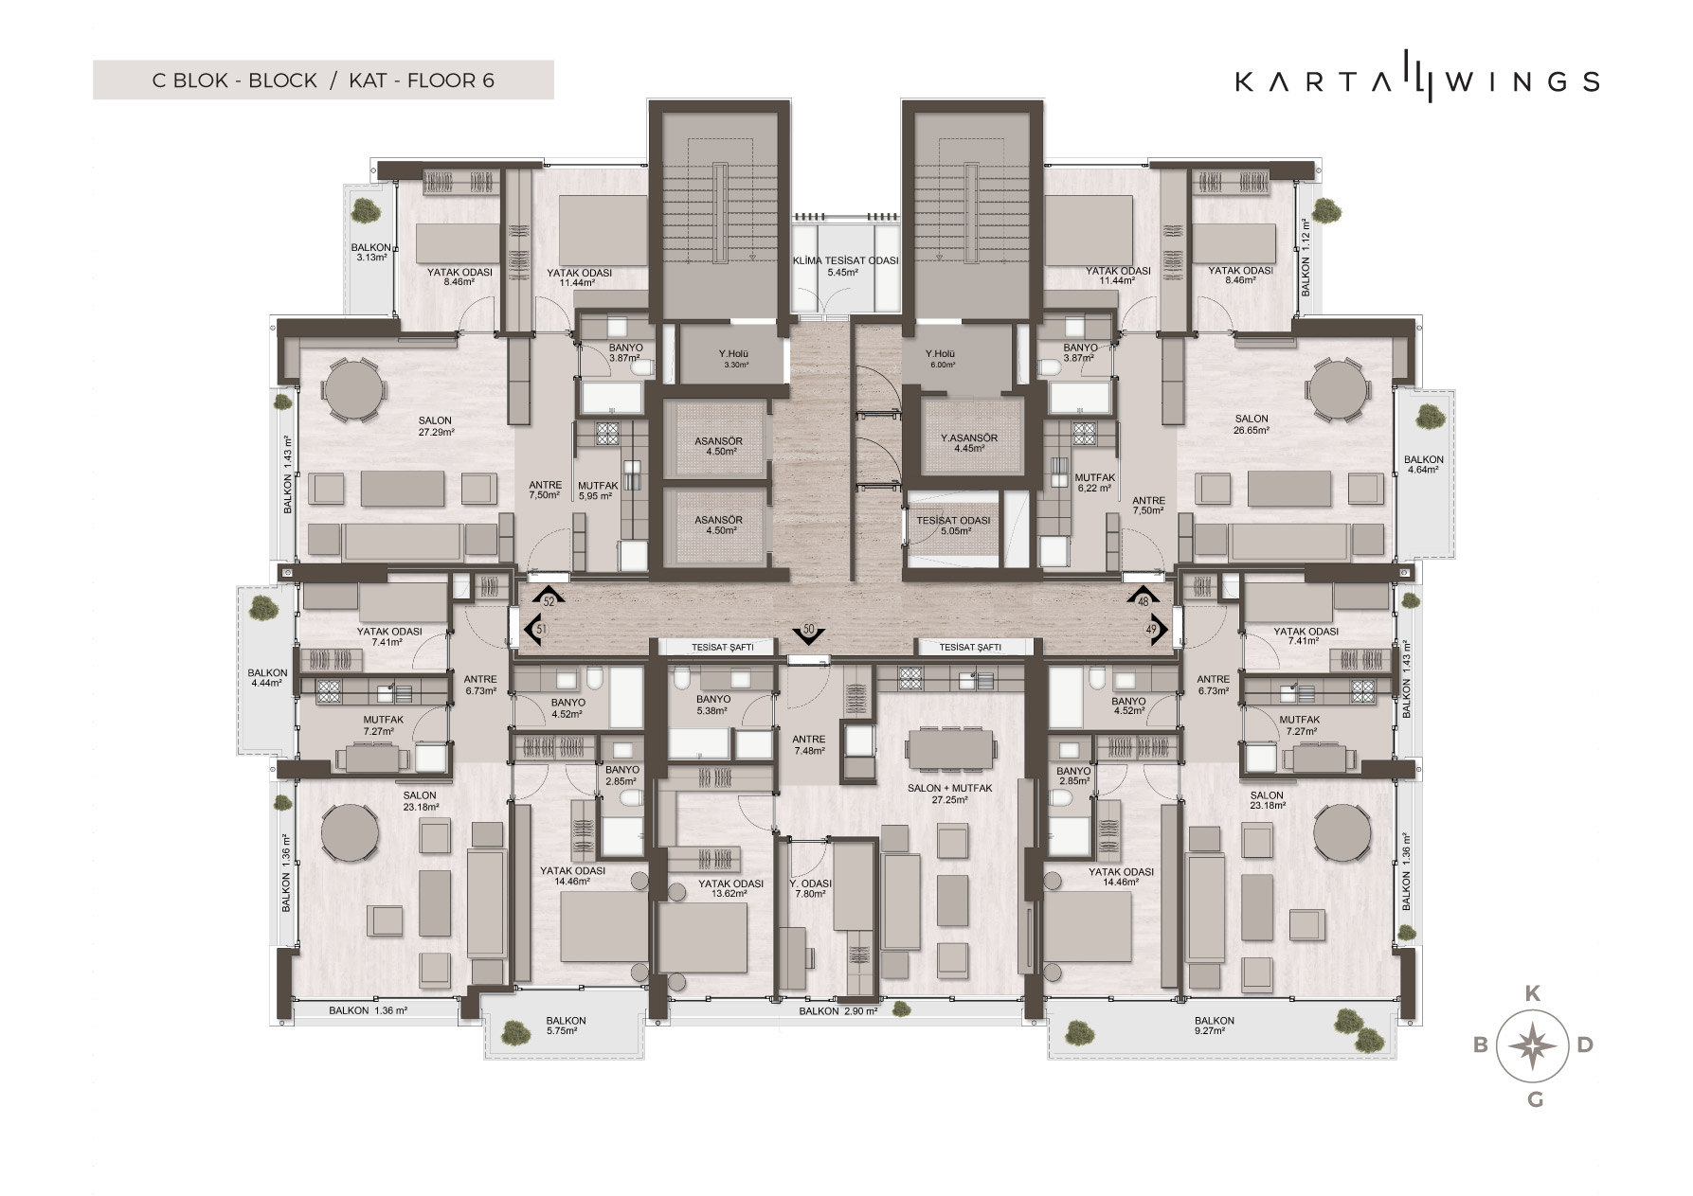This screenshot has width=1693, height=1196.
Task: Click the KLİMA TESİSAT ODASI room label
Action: (x=845, y=266)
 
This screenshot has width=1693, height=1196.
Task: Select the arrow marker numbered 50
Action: (x=809, y=633)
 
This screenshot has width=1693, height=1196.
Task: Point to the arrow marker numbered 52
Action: (x=549, y=597)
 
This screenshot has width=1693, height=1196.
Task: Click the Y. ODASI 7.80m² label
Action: (x=810, y=888)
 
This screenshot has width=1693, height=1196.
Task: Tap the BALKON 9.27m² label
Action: (x=1215, y=1026)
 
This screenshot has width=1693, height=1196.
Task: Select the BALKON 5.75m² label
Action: (x=566, y=1026)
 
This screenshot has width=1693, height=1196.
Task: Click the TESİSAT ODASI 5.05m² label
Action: (x=953, y=526)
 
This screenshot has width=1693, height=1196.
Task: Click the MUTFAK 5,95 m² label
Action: (x=598, y=491)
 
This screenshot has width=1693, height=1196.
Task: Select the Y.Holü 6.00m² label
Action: (x=941, y=359)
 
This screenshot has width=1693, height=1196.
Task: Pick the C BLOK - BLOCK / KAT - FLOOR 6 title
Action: (x=323, y=80)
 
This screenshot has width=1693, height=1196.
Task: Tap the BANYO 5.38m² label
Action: (x=711, y=705)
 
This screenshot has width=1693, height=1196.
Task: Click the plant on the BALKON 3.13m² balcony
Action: (x=365, y=211)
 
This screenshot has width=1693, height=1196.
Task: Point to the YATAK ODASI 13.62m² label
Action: (x=730, y=888)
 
